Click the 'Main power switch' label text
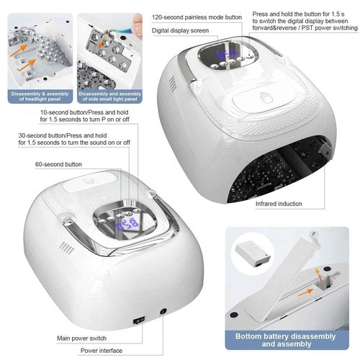[x=82, y=337]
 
